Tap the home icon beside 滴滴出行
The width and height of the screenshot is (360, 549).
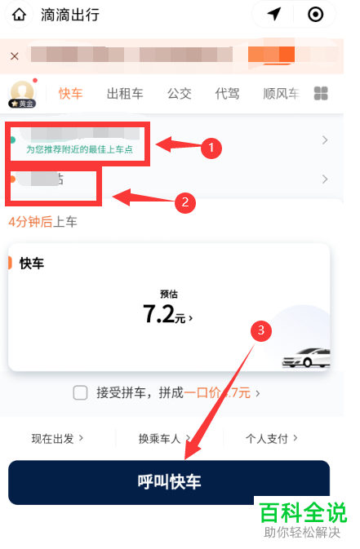19,15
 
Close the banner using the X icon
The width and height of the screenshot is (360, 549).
14,55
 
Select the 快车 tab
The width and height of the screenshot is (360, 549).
70,93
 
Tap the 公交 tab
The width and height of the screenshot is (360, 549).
179,93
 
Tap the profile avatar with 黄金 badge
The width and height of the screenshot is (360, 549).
22,93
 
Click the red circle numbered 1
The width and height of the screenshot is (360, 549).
211,148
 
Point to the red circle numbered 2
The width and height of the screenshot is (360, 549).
186,202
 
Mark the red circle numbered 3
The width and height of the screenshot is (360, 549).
260,330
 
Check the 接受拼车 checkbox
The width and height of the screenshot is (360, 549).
80,392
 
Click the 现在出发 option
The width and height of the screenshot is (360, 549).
57,438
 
